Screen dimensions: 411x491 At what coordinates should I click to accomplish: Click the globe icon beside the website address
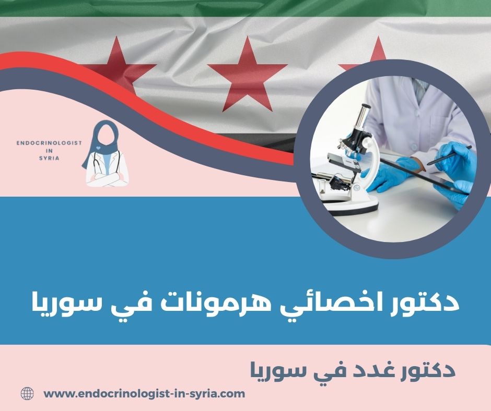(27, 394)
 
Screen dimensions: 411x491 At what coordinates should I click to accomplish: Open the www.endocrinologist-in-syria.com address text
(144, 394)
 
